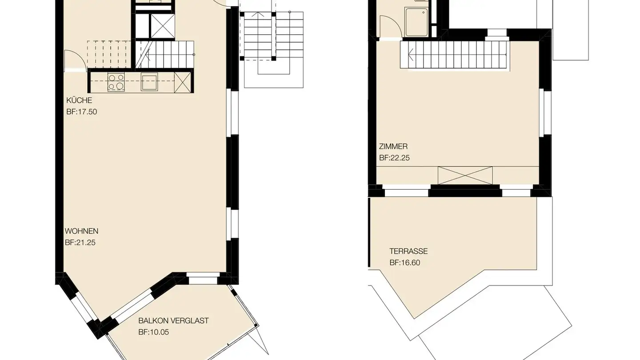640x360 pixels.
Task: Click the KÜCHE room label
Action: coord(79,100)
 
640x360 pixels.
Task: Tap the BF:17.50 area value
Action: coord(81,112)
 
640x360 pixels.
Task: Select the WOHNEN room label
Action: coord(81,231)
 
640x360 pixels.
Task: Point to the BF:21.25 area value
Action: coord(80,243)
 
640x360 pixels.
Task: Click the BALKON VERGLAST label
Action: coord(173,320)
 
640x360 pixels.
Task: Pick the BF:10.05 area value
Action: coord(153,332)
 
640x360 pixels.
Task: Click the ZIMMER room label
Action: coord(393,146)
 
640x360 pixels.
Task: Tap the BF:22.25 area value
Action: coord(394,158)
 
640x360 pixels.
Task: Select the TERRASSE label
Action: coord(408,251)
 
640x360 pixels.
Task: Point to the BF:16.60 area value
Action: coord(404,263)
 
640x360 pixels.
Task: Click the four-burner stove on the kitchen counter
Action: coord(116,82)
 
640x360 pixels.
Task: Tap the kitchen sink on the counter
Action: coord(149,82)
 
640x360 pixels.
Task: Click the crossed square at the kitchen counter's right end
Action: coord(182,82)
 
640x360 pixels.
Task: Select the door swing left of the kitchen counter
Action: coord(73,60)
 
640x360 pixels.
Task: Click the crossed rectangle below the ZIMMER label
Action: coord(465,175)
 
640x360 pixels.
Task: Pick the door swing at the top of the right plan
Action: coord(389,27)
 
